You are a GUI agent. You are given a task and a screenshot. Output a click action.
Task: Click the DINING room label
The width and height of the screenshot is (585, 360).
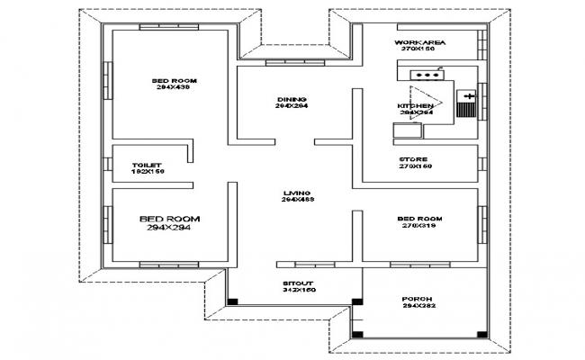pos(292,99)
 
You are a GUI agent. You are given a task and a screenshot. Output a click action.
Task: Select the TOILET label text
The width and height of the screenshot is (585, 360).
pos(147,166)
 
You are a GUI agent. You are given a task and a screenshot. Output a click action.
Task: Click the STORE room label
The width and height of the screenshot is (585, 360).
pos(414,159)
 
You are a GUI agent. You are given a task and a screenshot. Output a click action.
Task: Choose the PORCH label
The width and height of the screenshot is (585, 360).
pos(418,298)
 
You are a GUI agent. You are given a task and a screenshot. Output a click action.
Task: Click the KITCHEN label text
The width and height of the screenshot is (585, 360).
pos(415,106)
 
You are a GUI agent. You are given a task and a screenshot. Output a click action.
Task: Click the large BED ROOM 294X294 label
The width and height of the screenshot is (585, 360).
pos(169,223)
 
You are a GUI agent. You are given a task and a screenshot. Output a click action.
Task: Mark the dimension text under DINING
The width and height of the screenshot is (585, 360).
pos(292,107)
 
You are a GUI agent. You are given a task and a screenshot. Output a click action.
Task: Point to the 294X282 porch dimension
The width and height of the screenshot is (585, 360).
pos(418,306)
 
